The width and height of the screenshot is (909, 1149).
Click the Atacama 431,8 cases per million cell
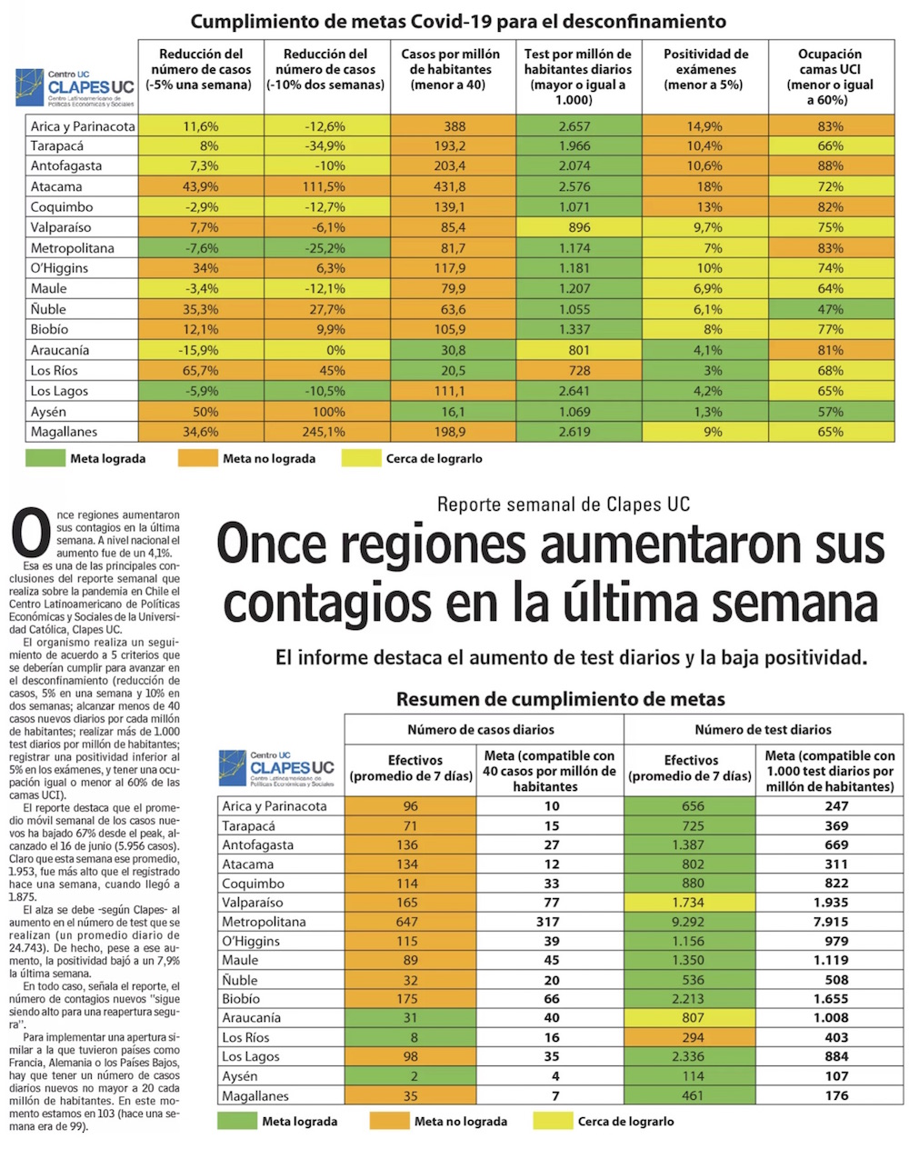(452, 186)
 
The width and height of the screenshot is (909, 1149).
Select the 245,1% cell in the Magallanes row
(326, 432)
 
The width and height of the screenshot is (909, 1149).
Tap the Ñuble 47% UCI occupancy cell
(830, 309)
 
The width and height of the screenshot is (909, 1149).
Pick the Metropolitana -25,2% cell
(326, 248)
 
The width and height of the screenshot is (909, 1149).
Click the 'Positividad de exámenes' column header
(705, 69)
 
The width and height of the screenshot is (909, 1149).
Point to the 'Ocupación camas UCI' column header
(830, 76)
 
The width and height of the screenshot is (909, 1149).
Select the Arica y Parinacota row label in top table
(83, 126)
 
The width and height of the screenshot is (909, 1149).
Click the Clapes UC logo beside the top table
(78, 85)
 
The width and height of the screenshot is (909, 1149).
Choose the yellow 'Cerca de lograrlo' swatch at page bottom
(552, 1121)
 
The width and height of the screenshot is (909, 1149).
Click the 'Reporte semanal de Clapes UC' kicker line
(563, 505)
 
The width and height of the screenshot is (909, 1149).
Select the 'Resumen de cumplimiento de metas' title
(560, 699)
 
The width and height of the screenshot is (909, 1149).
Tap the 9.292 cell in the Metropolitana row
(690, 922)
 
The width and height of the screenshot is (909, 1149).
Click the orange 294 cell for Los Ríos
(690, 1037)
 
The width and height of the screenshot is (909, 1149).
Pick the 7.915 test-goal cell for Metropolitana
(829, 922)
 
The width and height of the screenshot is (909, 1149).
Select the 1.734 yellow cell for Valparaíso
(690, 903)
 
